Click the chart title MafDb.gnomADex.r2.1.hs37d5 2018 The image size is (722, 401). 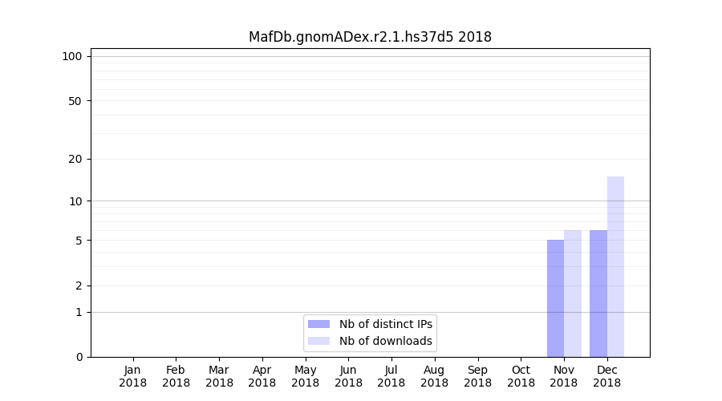pos(370,37)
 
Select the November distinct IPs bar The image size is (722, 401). pos(555,298)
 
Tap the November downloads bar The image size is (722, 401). pos(573,294)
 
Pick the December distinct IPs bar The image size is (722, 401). pos(598,294)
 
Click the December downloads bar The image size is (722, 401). pos(615,266)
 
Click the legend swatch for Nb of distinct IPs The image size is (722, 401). pos(318,324)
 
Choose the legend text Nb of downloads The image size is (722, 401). pos(385,341)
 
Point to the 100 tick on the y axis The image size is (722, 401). pos(72,56)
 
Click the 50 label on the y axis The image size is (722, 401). pos(75,101)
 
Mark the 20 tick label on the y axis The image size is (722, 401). pos(75,159)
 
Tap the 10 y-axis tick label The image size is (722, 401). pos(75,200)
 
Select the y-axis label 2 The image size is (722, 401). pos(79,286)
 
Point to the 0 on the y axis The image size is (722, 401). pos(79,357)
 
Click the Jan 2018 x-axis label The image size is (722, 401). pos(133,376)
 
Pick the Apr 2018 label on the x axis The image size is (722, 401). pos(262,376)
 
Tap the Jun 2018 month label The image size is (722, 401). pos(348,376)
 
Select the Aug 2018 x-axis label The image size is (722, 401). pos(434,376)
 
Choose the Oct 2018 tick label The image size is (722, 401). pos(521,376)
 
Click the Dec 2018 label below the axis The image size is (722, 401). pos(606,376)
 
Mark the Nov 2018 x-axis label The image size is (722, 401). pos(564,376)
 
